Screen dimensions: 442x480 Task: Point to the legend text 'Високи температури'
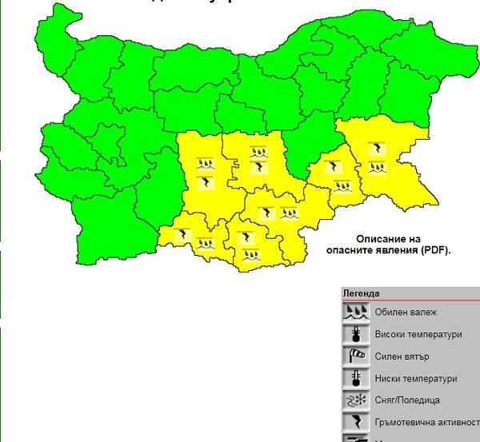[418, 335]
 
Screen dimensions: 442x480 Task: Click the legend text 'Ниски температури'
[415, 379]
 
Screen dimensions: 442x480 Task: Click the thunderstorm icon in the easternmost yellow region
[375, 148]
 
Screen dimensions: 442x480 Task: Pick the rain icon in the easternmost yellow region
[375, 168]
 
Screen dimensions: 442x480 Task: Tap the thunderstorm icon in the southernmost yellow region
[248, 237]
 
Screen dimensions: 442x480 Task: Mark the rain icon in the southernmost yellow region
[250, 254]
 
